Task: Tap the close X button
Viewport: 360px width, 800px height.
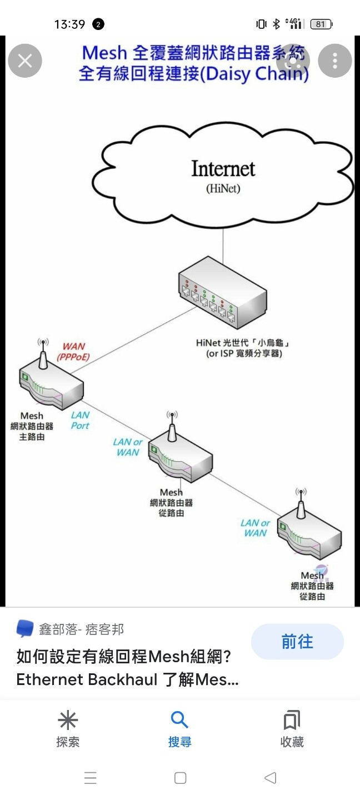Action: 25,61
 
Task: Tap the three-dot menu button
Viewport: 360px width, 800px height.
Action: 334,61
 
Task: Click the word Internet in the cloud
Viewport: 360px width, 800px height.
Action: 223,168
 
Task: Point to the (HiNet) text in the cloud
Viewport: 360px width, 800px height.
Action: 223,188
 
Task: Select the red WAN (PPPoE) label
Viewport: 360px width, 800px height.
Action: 73,352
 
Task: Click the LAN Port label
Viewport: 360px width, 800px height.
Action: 80,420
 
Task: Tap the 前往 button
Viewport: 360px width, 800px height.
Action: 297,642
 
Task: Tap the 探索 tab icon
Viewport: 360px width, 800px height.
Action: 68,721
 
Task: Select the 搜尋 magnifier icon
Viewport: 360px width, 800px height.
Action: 179,721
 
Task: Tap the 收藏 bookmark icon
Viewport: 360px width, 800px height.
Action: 292,721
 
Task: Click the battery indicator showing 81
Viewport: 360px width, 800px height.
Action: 321,24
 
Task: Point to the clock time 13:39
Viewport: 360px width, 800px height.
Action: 69,24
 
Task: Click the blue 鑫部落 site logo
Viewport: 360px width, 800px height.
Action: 25,629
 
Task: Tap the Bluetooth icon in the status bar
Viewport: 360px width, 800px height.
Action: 276,24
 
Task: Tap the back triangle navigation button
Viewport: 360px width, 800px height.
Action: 270,778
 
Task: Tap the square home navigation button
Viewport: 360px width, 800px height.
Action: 180,778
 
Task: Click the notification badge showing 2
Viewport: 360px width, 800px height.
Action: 98,24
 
